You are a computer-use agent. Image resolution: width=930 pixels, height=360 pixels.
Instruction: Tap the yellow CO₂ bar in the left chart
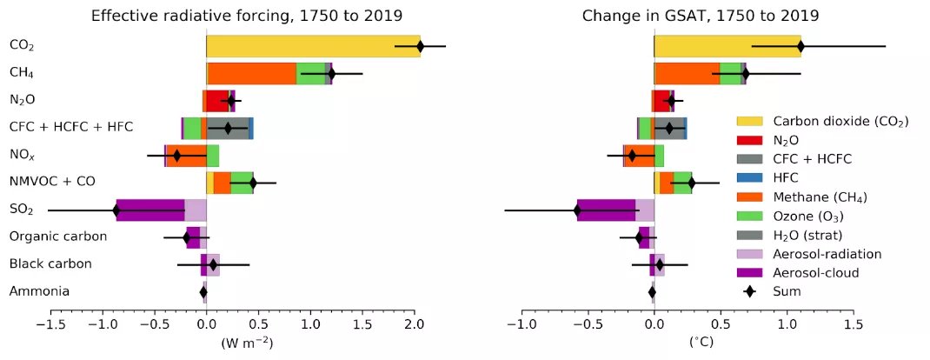pyautogui.click(x=304, y=46)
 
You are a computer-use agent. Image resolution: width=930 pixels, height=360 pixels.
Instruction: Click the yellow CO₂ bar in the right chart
pyautogui.click(x=721, y=46)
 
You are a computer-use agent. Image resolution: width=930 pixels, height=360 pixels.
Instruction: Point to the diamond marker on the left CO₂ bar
pyautogui.click(x=420, y=46)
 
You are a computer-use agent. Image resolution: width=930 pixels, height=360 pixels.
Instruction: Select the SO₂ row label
pyautogui.click(x=22, y=210)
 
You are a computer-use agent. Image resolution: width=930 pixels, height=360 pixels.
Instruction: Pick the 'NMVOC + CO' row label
pyautogui.click(x=51, y=182)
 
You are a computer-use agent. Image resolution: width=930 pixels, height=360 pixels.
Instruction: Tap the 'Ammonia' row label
pyautogui.click(x=39, y=291)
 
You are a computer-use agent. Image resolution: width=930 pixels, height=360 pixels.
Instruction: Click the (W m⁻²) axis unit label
pyautogui.click(x=248, y=343)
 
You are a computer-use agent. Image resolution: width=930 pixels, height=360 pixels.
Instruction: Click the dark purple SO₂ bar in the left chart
pyautogui.click(x=150, y=210)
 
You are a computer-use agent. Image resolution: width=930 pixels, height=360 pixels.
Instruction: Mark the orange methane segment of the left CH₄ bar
pyautogui.click(x=252, y=74)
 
